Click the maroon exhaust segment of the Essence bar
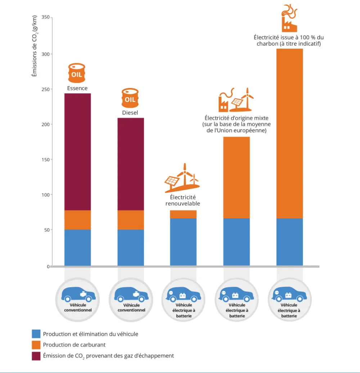[x=77, y=151]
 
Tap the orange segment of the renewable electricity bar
[x=183, y=214]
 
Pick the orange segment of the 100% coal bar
[x=289, y=133]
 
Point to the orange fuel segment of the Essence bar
[x=77, y=220]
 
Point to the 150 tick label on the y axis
[x=46, y=159]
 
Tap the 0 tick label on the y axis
[x=48, y=266]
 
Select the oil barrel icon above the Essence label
[x=77, y=73]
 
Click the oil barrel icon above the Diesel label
[x=130, y=98]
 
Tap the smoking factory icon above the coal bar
[x=289, y=18]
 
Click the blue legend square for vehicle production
[x=36, y=334]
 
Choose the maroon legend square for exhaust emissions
[x=36, y=356]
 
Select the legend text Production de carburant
[x=74, y=345]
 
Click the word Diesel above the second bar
[x=130, y=113]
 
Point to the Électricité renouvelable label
[x=183, y=200]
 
